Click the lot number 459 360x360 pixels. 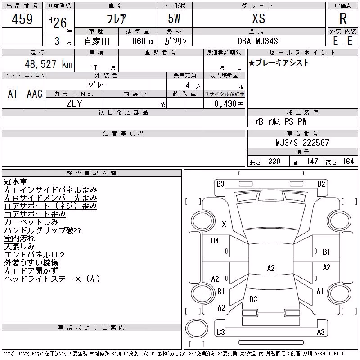click(x=22, y=19)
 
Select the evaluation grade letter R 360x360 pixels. click(x=343, y=18)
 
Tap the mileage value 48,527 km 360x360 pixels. click(x=49, y=64)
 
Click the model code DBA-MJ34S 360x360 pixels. click(x=257, y=41)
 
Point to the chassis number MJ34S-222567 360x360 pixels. click(x=302, y=143)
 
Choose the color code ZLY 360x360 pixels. click(x=74, y=103)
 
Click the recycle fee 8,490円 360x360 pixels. click(x=229, y=104)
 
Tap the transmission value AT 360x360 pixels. click(x=13, y=94)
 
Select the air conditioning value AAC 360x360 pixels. click(x=35, y=94)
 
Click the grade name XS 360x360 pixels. click(x=258, y=18)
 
